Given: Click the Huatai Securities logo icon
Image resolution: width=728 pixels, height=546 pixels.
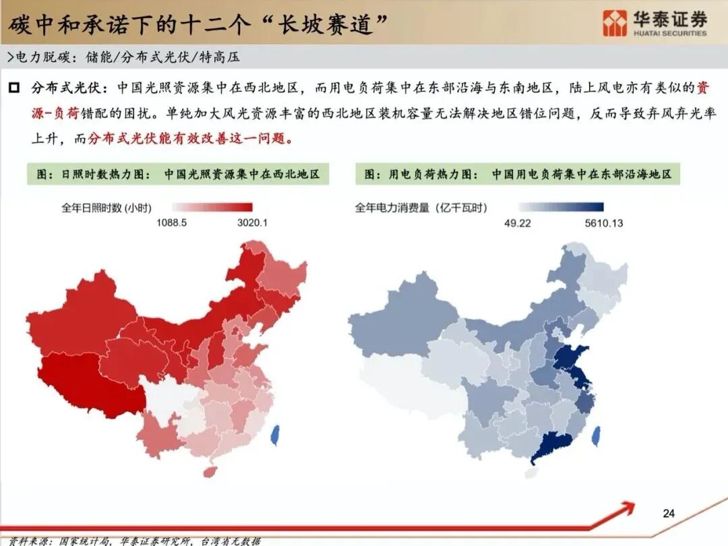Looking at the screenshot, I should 614,24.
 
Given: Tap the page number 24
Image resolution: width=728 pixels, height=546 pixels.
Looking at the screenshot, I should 669,514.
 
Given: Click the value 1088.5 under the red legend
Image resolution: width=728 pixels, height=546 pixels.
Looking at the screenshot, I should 172,222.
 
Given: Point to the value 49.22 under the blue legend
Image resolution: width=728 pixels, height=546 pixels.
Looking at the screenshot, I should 518,222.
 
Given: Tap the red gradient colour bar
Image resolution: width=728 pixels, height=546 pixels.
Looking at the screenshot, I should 212,208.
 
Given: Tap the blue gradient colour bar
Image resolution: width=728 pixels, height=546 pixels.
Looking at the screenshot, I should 561,208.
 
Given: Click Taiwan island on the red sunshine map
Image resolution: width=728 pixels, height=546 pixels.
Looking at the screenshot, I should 275,435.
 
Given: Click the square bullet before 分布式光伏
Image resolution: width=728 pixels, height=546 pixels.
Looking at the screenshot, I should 13,88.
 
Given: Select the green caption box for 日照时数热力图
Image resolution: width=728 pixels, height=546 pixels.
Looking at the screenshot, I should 179,174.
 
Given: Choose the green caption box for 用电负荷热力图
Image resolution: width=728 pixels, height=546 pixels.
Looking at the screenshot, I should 518,174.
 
